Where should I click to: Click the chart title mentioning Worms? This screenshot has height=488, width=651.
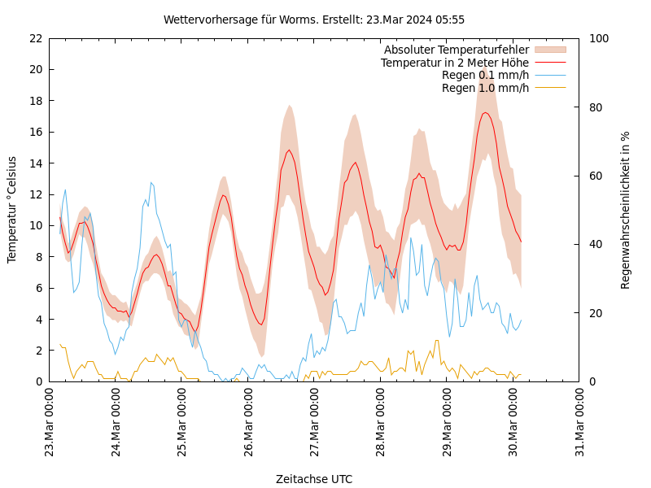[314, 20]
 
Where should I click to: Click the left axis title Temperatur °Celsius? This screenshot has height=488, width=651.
[12, 209]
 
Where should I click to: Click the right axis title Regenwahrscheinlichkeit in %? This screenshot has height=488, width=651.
[626, 209]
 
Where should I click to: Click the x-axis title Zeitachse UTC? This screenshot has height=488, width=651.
[314, 479]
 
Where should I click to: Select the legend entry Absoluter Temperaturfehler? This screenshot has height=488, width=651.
[456, 50]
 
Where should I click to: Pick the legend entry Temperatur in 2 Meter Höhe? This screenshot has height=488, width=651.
[454, 63]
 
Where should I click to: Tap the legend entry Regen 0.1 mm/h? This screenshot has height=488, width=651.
[485, 76]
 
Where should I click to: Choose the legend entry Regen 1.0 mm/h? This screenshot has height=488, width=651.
[485, 88]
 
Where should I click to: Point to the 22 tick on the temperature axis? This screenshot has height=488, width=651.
[35, 38]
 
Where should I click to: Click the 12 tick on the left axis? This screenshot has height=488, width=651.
[35, 194]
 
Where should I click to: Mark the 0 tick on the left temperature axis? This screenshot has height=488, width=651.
[38, 381]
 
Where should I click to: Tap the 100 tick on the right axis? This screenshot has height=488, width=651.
[596, 38]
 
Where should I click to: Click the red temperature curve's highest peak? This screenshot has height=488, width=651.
[485, 112]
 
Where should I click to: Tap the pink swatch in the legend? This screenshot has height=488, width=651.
[550, 50]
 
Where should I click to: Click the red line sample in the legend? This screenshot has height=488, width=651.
[550, 63]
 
